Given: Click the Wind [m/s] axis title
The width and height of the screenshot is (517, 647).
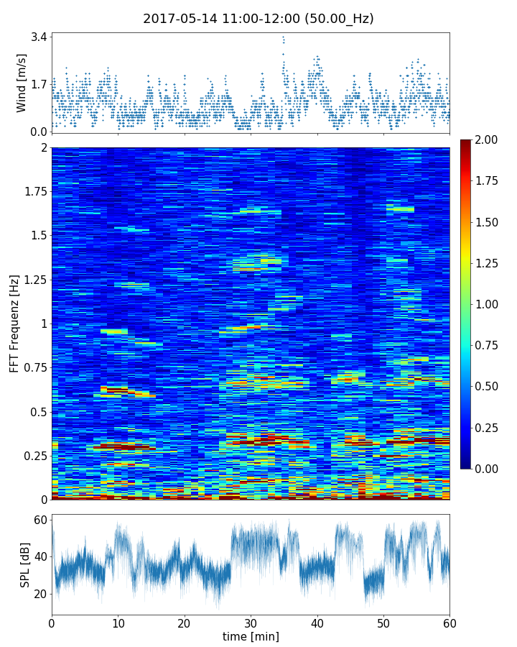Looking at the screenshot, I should coord(22,83).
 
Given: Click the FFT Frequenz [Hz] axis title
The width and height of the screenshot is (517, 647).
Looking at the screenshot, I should coord(14,323).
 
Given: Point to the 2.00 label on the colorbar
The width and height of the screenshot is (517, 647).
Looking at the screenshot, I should coord(488,139).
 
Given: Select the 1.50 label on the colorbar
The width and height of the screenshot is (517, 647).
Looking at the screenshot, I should coord(488,222).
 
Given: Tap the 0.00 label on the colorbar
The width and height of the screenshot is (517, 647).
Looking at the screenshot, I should coord(488,469).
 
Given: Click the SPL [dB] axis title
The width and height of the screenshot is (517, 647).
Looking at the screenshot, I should coord(25,564).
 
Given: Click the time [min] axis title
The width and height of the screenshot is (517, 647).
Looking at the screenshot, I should coord(251,636).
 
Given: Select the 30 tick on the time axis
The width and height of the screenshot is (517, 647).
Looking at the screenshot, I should coord(251,623).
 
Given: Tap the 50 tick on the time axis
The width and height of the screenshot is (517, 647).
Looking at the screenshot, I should coord(383,623).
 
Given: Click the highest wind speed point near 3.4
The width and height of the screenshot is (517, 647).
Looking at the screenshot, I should coord(283,37).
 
